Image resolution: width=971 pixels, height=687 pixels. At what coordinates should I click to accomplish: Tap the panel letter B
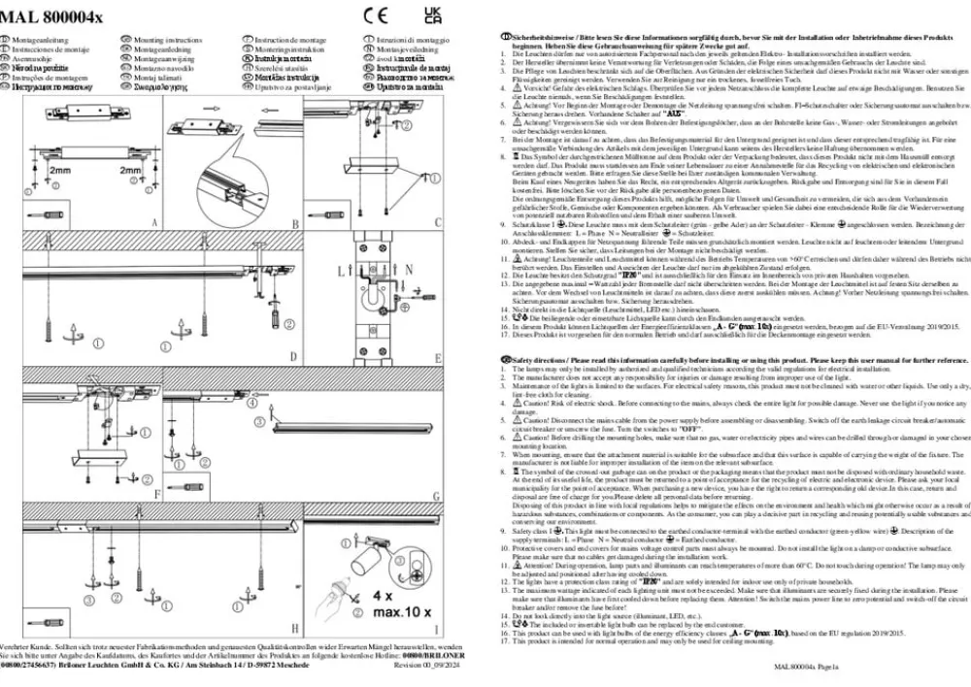[294, 222]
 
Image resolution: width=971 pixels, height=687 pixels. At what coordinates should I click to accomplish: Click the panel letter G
[436, 495]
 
